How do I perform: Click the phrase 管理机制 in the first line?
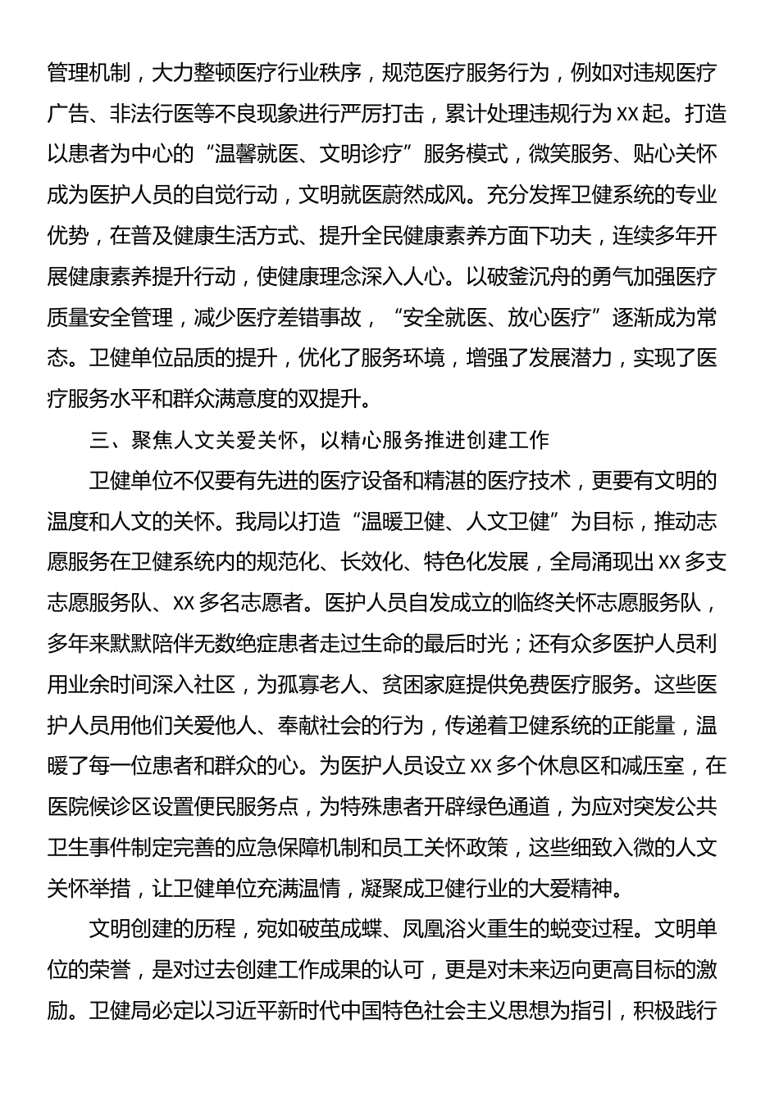[89, 73]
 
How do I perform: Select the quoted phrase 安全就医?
[447, 316]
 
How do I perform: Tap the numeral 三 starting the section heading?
[102, 439]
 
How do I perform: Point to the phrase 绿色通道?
[510, 806]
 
